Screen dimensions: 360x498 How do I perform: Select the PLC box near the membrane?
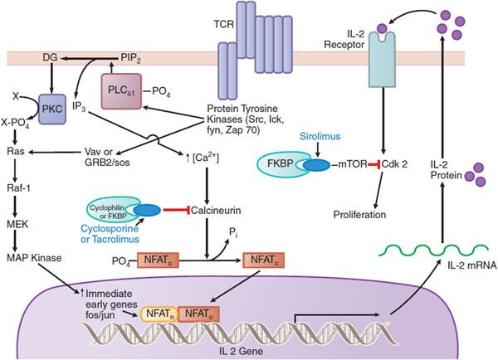124,92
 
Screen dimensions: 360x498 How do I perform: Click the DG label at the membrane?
51,57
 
